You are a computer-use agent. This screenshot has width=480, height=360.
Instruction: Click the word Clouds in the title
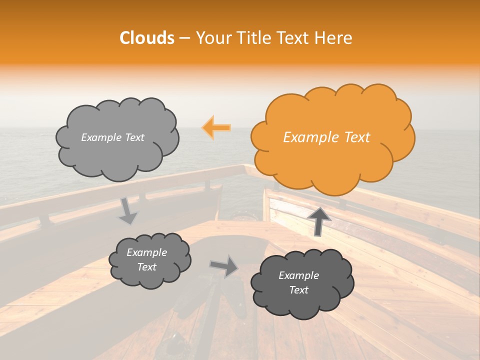[x=147, y=38]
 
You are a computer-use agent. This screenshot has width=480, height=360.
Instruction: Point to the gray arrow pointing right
[x=224, y=266]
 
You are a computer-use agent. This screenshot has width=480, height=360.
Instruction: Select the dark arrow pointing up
[x=319, y=220]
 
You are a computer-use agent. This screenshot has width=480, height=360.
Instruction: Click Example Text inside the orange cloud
[x=326, y=137]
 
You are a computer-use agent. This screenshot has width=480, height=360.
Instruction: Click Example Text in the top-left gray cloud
[x=112, y=137]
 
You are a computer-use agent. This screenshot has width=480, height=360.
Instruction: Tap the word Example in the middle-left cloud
[x=146, y=252]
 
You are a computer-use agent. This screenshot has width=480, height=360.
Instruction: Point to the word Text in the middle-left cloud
[x=146, y=267]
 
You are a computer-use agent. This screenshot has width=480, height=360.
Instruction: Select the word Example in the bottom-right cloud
[x=298, y=275]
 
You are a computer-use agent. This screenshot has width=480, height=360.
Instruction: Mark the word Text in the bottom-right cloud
[x=298, y=290]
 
